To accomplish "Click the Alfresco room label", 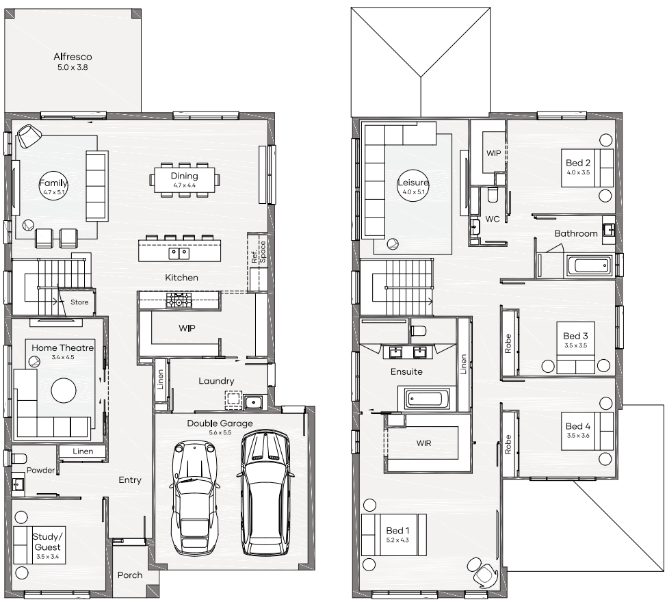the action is pos(73,57).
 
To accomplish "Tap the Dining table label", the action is pos(184,176).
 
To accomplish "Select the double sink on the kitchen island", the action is pos(179,254).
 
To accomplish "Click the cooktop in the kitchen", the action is pos(179,300).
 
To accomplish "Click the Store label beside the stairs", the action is pos(79,302).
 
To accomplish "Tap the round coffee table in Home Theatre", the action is pos(64,390).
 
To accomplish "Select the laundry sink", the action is pos(254,401).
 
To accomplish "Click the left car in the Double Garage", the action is pos(195,496).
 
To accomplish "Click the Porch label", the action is pos(130,575).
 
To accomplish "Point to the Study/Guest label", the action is pos(48,542).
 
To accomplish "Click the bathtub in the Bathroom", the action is pos(589,266).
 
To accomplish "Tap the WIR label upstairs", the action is pos(423,443).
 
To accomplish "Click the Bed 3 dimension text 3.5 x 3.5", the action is pos(575,345).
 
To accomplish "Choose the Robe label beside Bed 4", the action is pos(508,444).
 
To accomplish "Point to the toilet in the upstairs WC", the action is pos(493,194).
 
